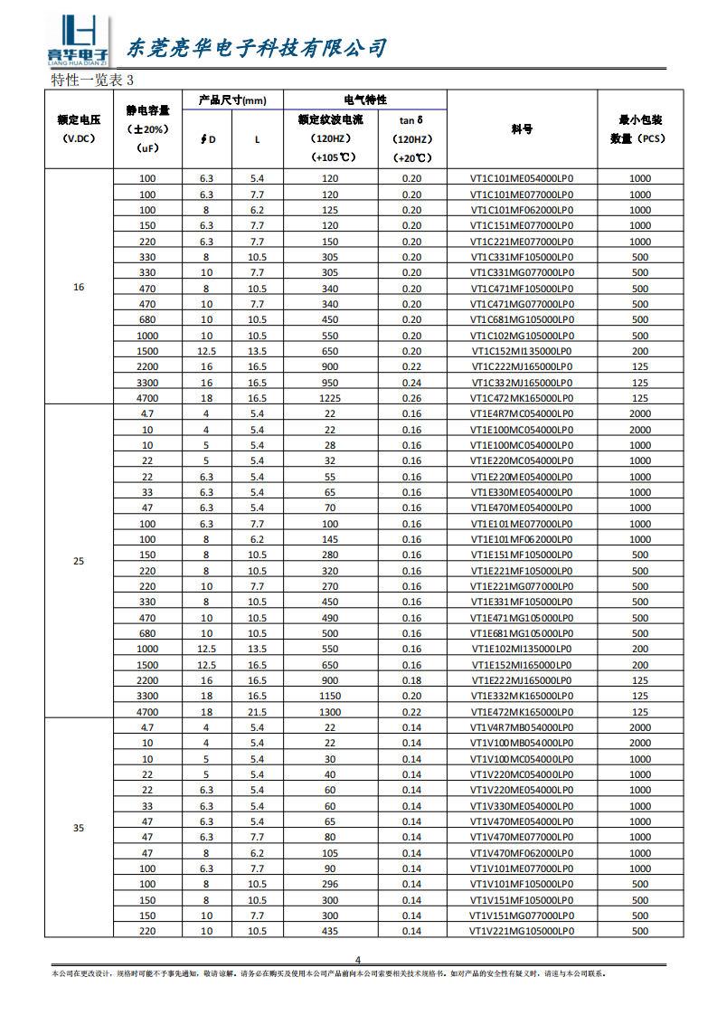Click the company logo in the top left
pyautogui.click(x=78, y=42)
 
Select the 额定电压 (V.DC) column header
pyautogui.click(x=79, y=128)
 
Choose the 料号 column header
pyautogui.click(x=522, y=128)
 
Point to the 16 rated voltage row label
pyautogui.click(x=79, y=288)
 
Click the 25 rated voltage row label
pyautogui.click(x=79, y=562)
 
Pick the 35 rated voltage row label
pyautogui.click(x=79, y=828)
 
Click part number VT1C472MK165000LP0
pyautogui.click(x=522, y=398)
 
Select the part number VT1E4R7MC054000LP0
pyautogui.click(x=522, y=414)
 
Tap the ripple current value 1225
pyautogui.click(x=330, y=398)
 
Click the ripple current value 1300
pyautogui.click(x=330, y=712)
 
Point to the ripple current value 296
pyautogui.click(x=330, y=884)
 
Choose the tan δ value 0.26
pyautogui.click(x=411, y=398)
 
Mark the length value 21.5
pyautogui.click(x=257, y=712)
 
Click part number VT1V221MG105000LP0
pyautogui.click(x=522, y=931)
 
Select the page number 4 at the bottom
pyautogui.click(x=357, y=960)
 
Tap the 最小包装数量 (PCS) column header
pyautogui.click(x=640, y=128)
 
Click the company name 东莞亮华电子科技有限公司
pyautogui.click(x=256, y=48)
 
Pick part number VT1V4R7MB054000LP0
pyautogui.click(x=522, y=727)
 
